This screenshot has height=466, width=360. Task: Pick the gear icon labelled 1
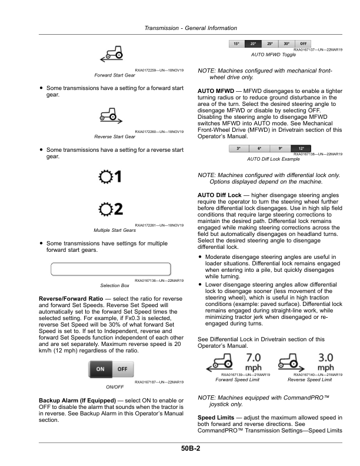[110, 177]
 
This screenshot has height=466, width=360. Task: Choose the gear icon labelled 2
[110, 208]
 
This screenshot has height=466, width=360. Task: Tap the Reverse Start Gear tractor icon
[110, 114]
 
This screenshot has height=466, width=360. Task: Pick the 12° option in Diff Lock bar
[302, 149]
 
